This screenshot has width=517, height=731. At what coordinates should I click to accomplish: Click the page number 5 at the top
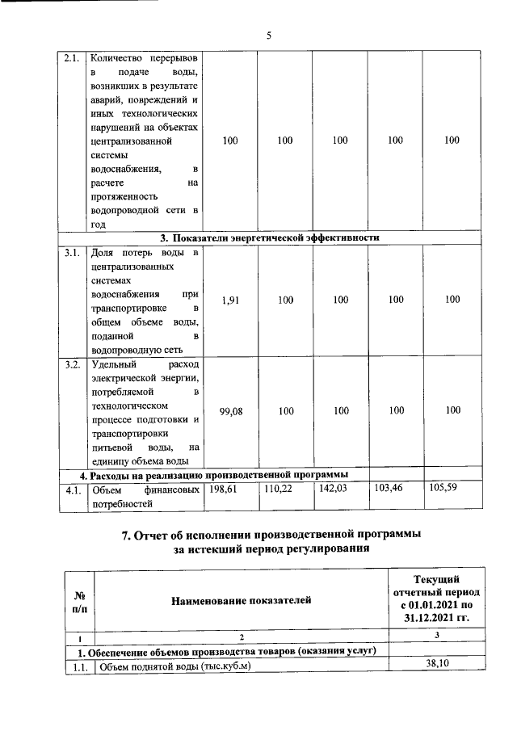tap(269, 35)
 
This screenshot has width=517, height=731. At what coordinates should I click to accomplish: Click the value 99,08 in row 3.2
tap(231, 411)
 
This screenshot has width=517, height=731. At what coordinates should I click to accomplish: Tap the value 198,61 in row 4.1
tap(225, 489)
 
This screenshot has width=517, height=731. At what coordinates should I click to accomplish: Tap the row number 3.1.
tap(72, 254)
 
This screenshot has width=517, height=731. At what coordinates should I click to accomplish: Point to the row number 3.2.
tap(72, 365)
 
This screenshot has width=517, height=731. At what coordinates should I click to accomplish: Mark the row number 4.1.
tap(72, 489)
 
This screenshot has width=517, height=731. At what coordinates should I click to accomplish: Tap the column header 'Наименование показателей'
tap(240, 599)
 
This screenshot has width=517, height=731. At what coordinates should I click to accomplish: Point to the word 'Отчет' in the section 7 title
tap(151, 536)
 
